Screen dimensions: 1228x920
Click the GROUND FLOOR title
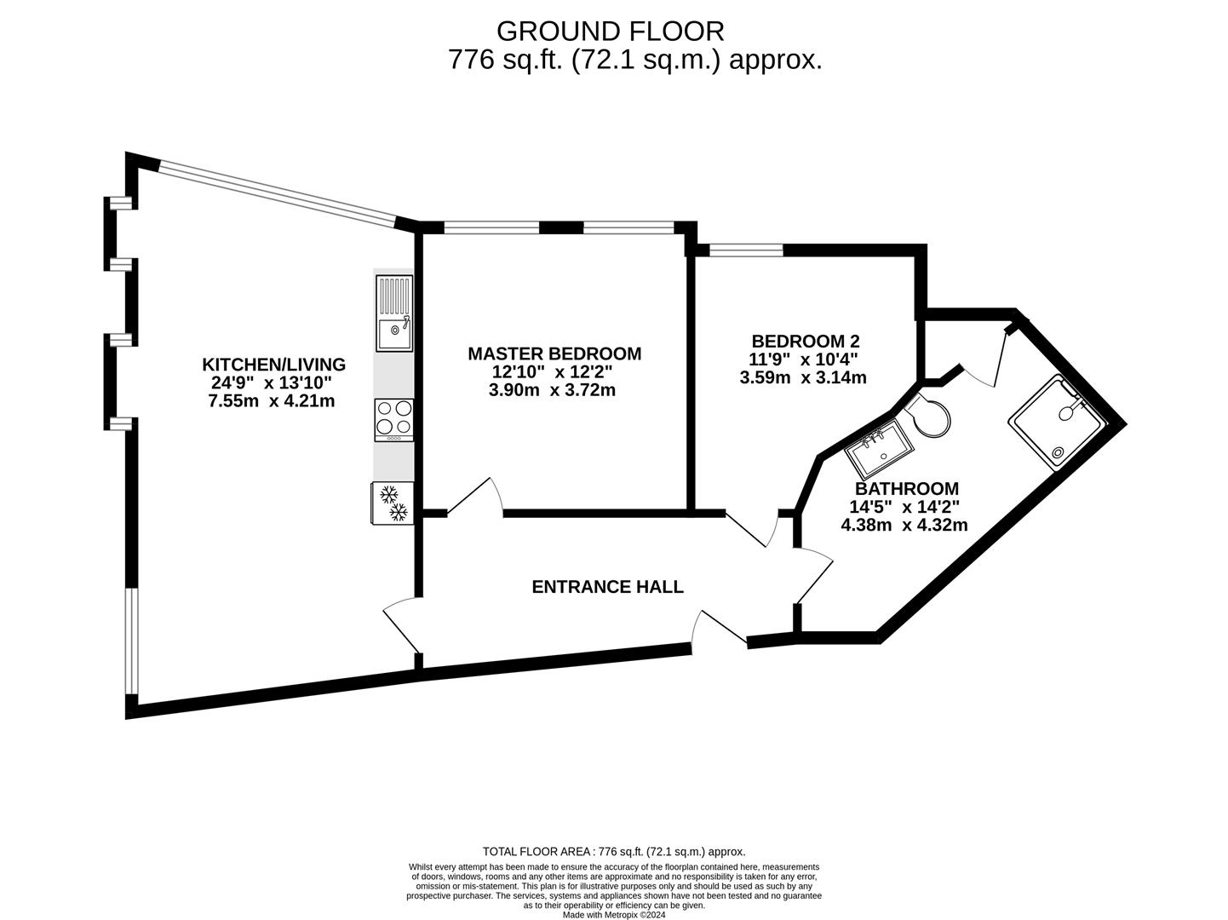611,32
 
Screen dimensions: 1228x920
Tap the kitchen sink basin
393,334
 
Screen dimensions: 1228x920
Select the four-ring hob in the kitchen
393,420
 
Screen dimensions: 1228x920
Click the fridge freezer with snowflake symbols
393,503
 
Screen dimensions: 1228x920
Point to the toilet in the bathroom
927,415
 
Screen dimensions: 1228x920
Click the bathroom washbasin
878,450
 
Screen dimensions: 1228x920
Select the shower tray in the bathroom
1056,423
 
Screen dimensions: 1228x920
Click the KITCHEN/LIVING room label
273,365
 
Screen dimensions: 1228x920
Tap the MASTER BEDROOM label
554,354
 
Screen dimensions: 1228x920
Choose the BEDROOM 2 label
805,341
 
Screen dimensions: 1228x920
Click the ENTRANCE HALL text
607,586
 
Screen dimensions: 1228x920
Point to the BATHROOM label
907,489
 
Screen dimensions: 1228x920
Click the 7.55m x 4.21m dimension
272,400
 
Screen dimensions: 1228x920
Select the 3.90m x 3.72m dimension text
552,389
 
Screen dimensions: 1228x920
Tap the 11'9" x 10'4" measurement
804,359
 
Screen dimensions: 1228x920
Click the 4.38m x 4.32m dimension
904,525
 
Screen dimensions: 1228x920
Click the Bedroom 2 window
746,250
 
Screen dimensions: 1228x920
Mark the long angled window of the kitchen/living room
278,194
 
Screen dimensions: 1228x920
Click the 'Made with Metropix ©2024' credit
614,915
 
